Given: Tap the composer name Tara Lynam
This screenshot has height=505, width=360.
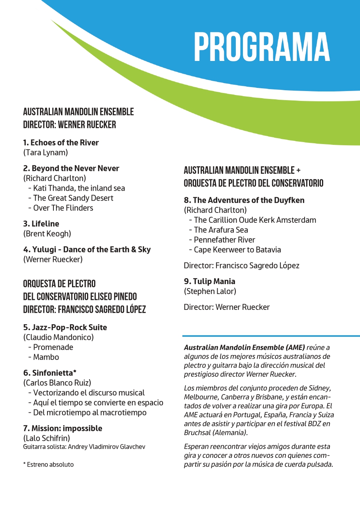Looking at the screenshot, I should [x=45, y=152].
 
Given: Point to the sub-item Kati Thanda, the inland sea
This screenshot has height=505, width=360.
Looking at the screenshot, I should [x=79, y=188].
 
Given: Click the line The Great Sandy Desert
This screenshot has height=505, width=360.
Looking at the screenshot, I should [x=73, y=198].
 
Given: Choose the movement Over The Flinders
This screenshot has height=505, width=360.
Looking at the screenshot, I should [x=63, y=208].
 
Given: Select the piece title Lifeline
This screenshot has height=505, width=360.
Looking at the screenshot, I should [x=41, y=224].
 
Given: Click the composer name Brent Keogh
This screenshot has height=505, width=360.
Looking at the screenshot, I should [x=47, y=234].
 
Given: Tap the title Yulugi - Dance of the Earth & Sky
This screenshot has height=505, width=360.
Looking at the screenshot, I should [x=87, y=249].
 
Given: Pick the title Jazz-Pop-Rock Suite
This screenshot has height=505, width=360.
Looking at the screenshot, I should [x=65, y=327].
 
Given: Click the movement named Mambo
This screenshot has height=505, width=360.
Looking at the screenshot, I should [x=46, y=357].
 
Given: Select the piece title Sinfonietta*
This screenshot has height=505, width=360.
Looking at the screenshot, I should [x=49, y=373].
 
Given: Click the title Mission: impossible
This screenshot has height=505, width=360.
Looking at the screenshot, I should [x=63, y=428].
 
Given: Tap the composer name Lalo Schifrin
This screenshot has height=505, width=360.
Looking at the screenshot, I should [x=47, y=438].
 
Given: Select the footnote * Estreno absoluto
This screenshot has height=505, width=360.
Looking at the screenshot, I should [x=48, y=464].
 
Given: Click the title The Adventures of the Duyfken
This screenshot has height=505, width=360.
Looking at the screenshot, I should [x=244, y=200].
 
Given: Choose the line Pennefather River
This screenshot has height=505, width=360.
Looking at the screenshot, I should [x=224, y=239].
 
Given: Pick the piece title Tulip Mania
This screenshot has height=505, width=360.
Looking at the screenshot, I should [x=209, y=281].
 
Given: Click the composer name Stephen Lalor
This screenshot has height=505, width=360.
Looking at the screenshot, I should [x=210, y=291].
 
